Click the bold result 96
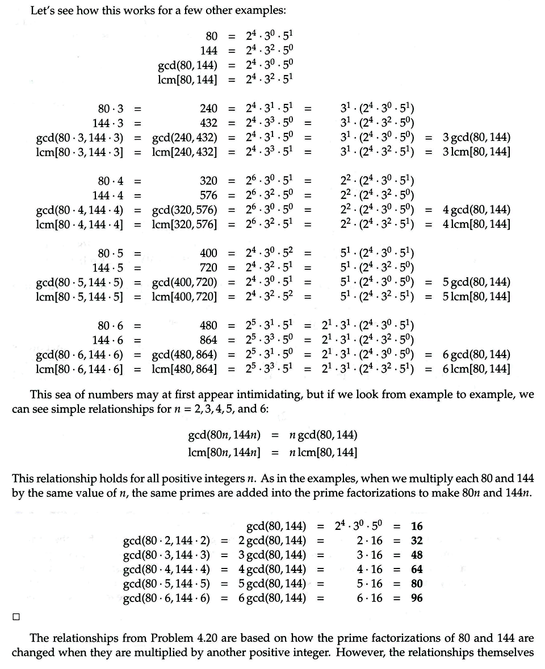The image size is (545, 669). [417, 597]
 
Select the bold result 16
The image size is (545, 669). [417, 526]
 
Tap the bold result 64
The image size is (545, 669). [417, 569]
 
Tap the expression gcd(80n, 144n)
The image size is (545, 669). [224, 436]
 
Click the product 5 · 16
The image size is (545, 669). [370, 583]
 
